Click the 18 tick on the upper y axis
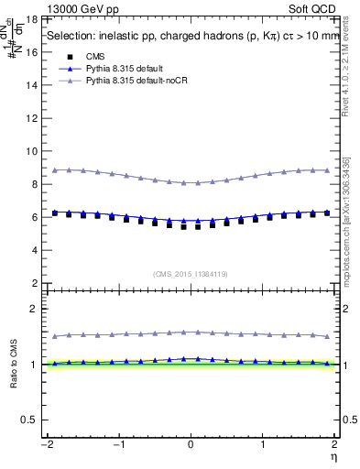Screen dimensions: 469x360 click(x=34, y=19)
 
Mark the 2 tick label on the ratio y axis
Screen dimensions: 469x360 click(x=36, y=309)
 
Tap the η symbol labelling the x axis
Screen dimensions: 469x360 click(x=335, y=455)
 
